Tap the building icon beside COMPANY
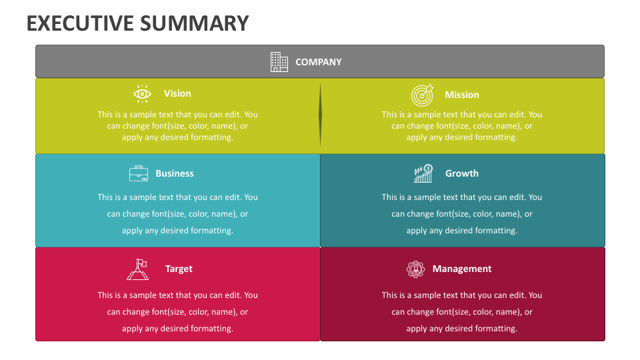(279, 62)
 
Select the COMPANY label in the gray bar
(319, 62)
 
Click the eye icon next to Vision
(142, 94)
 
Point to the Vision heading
(177, 94)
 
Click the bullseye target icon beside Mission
(422, 95)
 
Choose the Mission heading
(462, 95)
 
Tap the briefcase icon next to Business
(139, 174)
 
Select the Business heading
(175, 174)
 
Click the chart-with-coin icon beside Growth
(423, 174)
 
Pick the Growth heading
(462, 174)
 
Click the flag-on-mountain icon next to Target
(137, 269)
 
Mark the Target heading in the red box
(179, 269)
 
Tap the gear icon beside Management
(415, 269)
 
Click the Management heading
(462, 269)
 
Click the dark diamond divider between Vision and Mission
(320, 115)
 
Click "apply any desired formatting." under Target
(177, 329)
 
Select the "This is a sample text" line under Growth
(462, 197)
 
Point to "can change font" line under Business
(177, 214)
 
